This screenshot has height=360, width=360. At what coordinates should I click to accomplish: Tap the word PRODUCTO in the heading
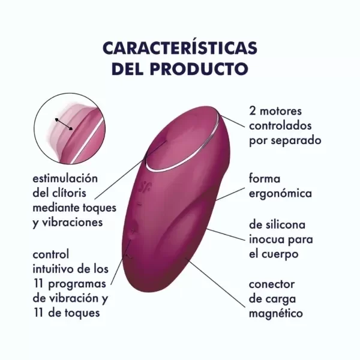[x=199, y=68]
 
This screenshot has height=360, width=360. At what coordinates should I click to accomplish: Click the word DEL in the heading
[x=128, y=68]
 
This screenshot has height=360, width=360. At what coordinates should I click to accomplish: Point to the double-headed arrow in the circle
[x=64, y=124]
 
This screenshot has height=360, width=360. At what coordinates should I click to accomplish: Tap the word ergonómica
[x=280, y=194]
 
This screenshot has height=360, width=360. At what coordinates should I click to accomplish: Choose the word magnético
[x=276, y=314]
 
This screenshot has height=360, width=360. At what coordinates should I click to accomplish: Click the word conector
[x=272, y=284]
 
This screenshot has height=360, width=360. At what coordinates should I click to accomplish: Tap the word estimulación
[x=65, y=178]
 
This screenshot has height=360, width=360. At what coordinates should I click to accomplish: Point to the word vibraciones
[x=73, y=222]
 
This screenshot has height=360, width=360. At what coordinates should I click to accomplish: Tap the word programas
[x=77, y=284]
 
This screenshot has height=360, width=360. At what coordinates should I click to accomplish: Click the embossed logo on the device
[x=145, y=187]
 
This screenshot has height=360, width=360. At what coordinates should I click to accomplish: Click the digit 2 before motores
[x=253, y=111]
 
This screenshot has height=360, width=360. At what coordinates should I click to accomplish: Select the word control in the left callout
[x=50, y=254]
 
